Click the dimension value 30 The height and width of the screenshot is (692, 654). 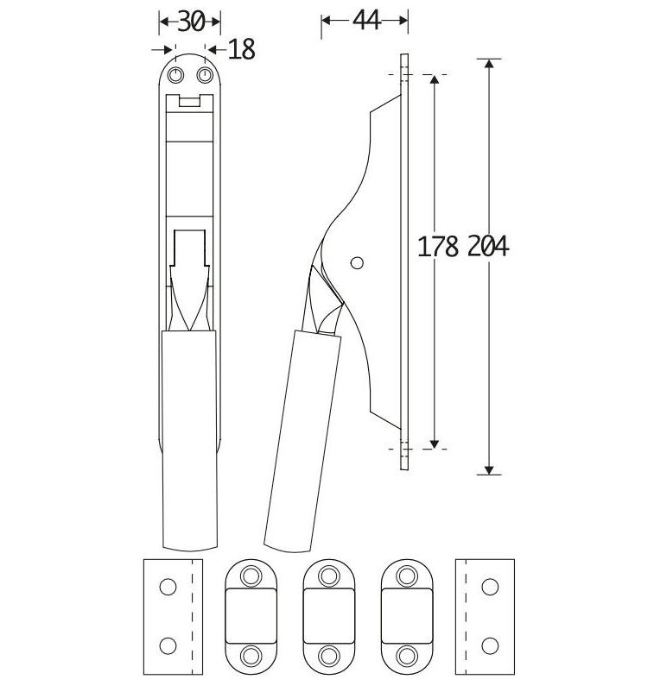pos(191,22)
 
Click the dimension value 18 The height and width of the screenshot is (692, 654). pos(242,49)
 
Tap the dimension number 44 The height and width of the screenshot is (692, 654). pos(366,21)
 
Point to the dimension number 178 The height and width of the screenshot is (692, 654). pos(438,246)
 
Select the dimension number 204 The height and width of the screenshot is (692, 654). pos(488,246)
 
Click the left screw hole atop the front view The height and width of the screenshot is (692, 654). pos(176,75)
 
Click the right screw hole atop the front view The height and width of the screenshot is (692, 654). pos(205,75)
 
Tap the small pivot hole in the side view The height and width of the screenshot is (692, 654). pos(357,263)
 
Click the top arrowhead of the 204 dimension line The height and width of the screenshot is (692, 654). pos(489,63)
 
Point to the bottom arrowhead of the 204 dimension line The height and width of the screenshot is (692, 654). pos(489,470)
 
